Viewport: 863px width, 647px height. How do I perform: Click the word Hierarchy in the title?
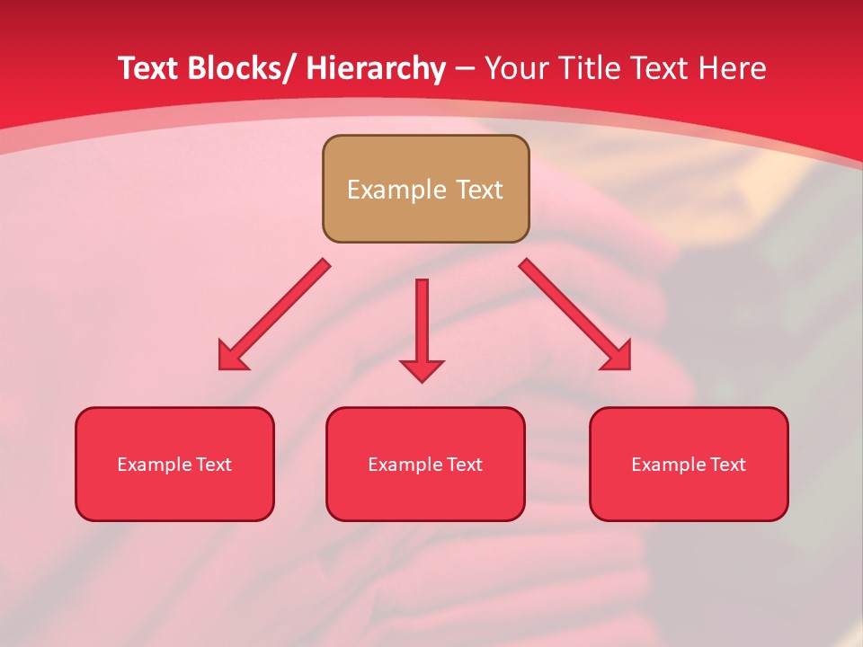click(x=376, y=68)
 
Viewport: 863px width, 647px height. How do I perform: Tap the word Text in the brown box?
click(x=478, y=190)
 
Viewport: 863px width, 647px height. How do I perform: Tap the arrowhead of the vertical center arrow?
click(x=422, y=370)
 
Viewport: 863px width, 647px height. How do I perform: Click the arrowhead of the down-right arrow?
click(x=618, y=356)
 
